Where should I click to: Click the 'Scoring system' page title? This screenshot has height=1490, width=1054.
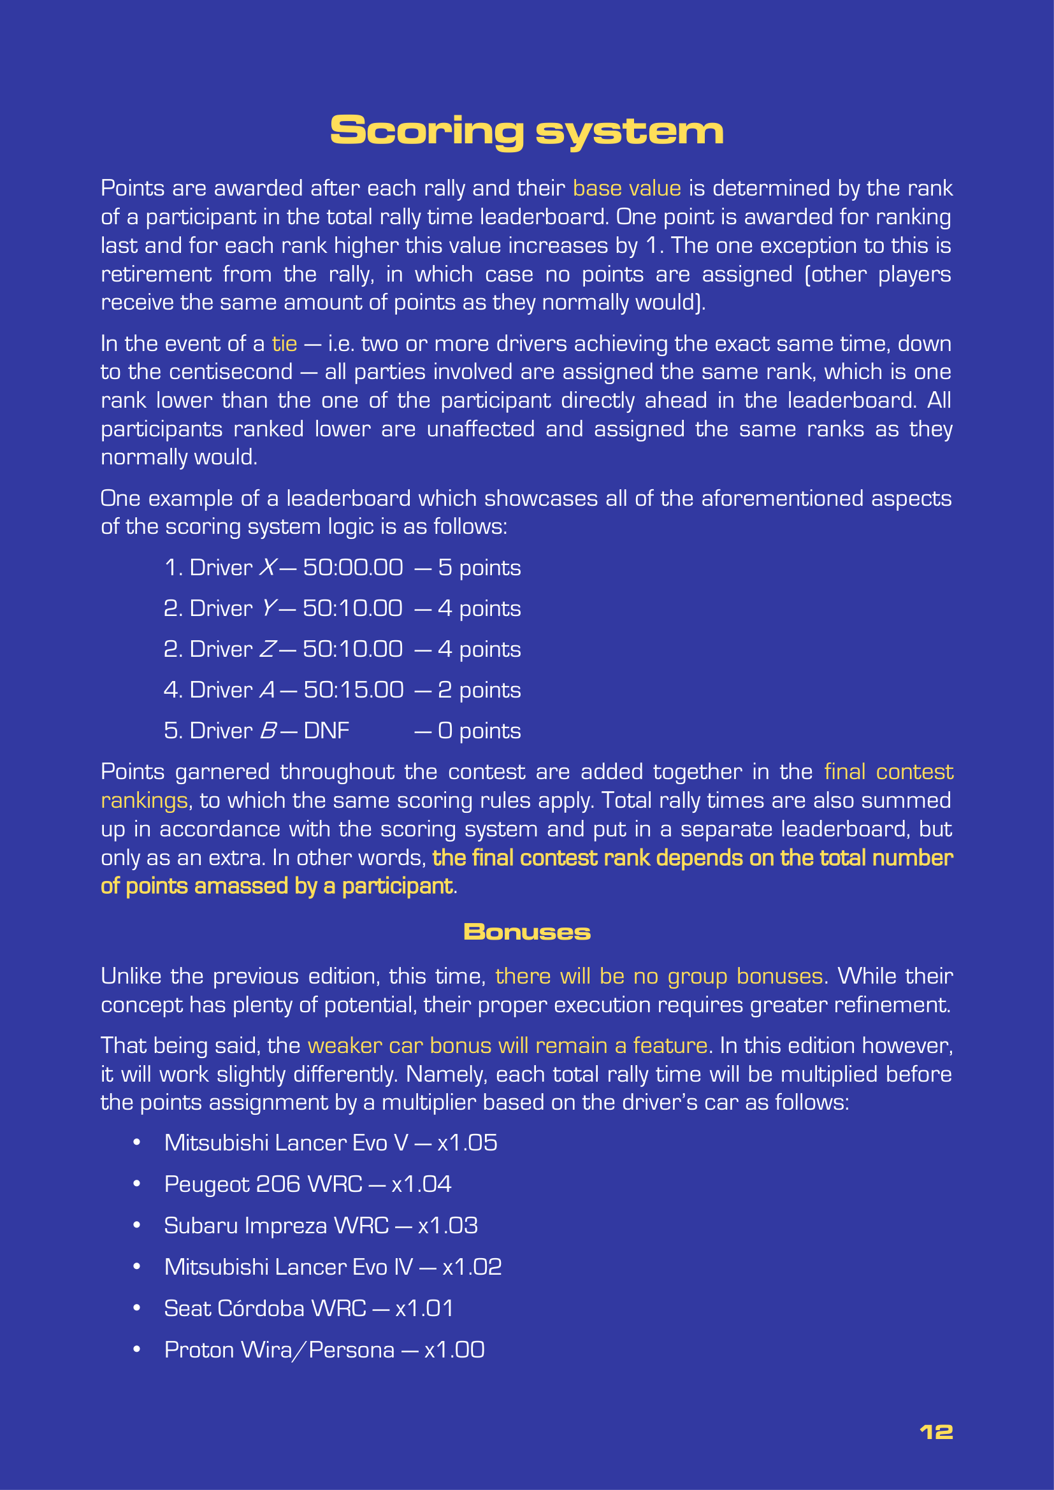(526, 131)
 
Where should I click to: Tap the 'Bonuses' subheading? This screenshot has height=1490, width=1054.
(526, 932)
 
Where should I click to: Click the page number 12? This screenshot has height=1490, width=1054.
(936, 1431)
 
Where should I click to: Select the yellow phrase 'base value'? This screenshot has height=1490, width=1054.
(626, 188)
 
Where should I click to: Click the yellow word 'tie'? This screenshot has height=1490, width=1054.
(284, 343)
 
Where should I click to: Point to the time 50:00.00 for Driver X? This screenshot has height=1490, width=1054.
(353, 568)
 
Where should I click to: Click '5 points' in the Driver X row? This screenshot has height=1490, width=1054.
(479, 568)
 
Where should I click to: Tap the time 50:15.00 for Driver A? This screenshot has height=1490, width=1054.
(353, 690)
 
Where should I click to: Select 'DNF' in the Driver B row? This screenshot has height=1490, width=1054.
(326, 731)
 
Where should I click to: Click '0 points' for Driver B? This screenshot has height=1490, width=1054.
(479, 731)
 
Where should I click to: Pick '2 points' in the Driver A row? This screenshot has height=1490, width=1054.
(479, 690)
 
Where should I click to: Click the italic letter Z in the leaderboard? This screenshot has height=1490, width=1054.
(268, 649)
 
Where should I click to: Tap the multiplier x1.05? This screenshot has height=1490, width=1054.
(467, 1143)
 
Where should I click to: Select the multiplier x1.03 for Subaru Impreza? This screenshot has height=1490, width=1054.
(448, 1225)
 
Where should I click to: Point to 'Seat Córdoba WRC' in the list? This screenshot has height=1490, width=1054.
(265, 1308)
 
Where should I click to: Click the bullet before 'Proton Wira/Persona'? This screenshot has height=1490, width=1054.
(136, 1349)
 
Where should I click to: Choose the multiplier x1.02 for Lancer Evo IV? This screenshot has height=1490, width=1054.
(472, 1267)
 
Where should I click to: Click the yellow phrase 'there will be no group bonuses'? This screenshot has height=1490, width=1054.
(659, 976)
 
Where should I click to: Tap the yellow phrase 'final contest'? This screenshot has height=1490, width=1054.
(888, 771)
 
